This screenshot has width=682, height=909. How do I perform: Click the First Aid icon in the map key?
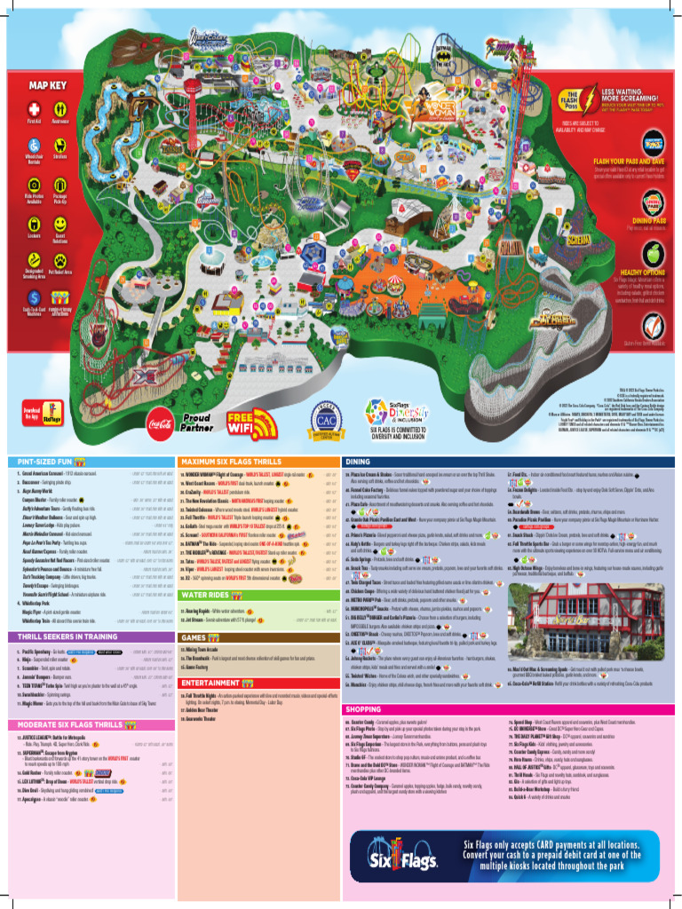pos(34,108)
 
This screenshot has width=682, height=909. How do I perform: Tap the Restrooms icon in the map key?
pos(60,108)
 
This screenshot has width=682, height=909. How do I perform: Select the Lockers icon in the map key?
pos(34,224)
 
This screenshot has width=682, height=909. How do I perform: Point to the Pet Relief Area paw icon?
pos(59,257)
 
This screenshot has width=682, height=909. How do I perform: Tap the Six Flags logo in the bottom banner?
pos(416,859)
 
